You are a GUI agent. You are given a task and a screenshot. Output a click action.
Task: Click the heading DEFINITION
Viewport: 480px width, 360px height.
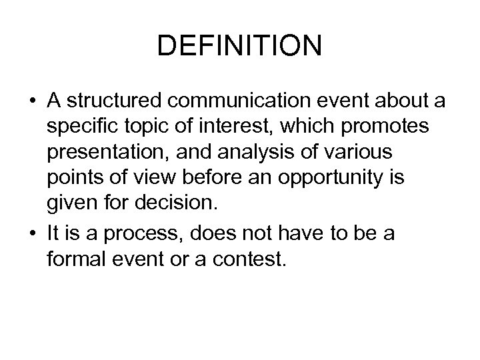click(x=240, y=46)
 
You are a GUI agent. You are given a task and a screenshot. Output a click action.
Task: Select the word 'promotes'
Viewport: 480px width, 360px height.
click(x=393, y=127)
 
